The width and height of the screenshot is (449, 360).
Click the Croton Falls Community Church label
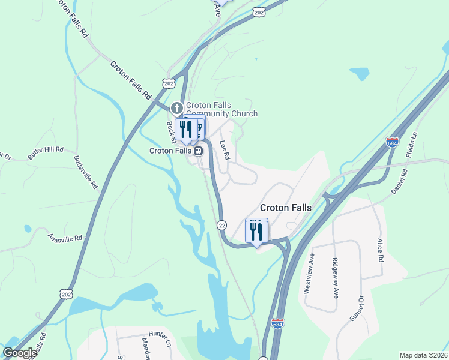click(x=221, y=109)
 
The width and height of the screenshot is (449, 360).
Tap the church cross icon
click(x=176, y=109)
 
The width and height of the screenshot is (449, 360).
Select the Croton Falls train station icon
click(x=197, y=151)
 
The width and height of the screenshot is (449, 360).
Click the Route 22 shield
click(x=221, y=224)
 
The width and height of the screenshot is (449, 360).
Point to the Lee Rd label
click(x=225, y=149)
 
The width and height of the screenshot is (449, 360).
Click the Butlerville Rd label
click(x=86, y=172)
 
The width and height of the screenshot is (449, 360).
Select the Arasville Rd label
click(x=65, y=238)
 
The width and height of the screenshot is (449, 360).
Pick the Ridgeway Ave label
click(x=335, y=277)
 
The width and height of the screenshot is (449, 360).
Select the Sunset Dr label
click(x=361, y=307)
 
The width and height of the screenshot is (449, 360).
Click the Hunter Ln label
click(x=160, y=339)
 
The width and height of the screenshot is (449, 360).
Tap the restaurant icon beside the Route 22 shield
click(x=256, y=232)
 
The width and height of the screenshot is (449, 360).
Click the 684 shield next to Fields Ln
click(x=392, y=142)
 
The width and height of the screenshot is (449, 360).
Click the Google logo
click(x=19, y=353)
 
